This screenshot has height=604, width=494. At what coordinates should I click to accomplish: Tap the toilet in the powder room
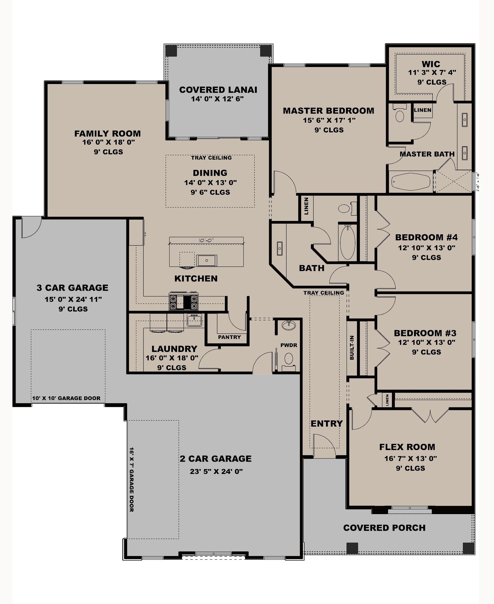288,359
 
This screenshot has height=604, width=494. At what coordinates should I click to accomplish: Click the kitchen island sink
207,260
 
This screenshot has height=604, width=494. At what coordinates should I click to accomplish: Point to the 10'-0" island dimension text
206,241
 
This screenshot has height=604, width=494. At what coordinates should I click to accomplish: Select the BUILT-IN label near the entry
352,348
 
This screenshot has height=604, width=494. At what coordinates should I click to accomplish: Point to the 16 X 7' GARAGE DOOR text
131,480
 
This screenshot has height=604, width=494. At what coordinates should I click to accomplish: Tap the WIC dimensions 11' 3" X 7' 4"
432,73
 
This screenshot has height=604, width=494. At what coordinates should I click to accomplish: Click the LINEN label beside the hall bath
306,206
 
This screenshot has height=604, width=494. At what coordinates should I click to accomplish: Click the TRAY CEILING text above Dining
211,158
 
